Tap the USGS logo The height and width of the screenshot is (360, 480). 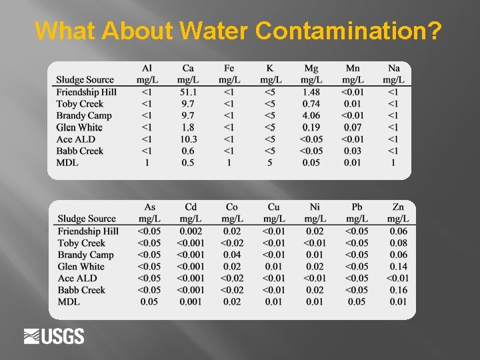click(x=54, y=337)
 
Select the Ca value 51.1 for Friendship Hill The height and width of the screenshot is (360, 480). click(x=188, y=92)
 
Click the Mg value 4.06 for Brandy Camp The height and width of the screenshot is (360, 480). click(x=311, y=116)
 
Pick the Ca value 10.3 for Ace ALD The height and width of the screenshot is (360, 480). click(x=188, y=139)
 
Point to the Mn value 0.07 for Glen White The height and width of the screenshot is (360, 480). click(x=353, y=127)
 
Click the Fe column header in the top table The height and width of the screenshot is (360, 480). click(x=229, y=74)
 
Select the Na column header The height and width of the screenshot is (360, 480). click(x=393, y=74)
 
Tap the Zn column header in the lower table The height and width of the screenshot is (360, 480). click(x=398, y=213)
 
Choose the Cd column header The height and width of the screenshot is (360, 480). click(x=191, y=213)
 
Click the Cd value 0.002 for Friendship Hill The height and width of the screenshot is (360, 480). click(x=191, y=231)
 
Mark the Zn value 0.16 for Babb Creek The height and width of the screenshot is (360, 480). click(x=398, y=290)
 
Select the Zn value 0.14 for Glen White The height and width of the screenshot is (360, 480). click(x=398, y=267)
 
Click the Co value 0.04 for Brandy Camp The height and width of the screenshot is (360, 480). click(x=232, y=255)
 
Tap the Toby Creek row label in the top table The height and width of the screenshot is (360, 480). click(x=80, y=104)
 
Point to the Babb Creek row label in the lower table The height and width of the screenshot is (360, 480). click(x=81, y=290)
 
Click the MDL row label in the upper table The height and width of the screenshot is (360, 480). click(x=67, y=163)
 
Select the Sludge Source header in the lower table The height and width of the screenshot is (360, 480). click(x=87, y=219)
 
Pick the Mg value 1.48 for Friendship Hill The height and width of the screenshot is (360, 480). click(x=311, y=92)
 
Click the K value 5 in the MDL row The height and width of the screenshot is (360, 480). click(x=270, y=163)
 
